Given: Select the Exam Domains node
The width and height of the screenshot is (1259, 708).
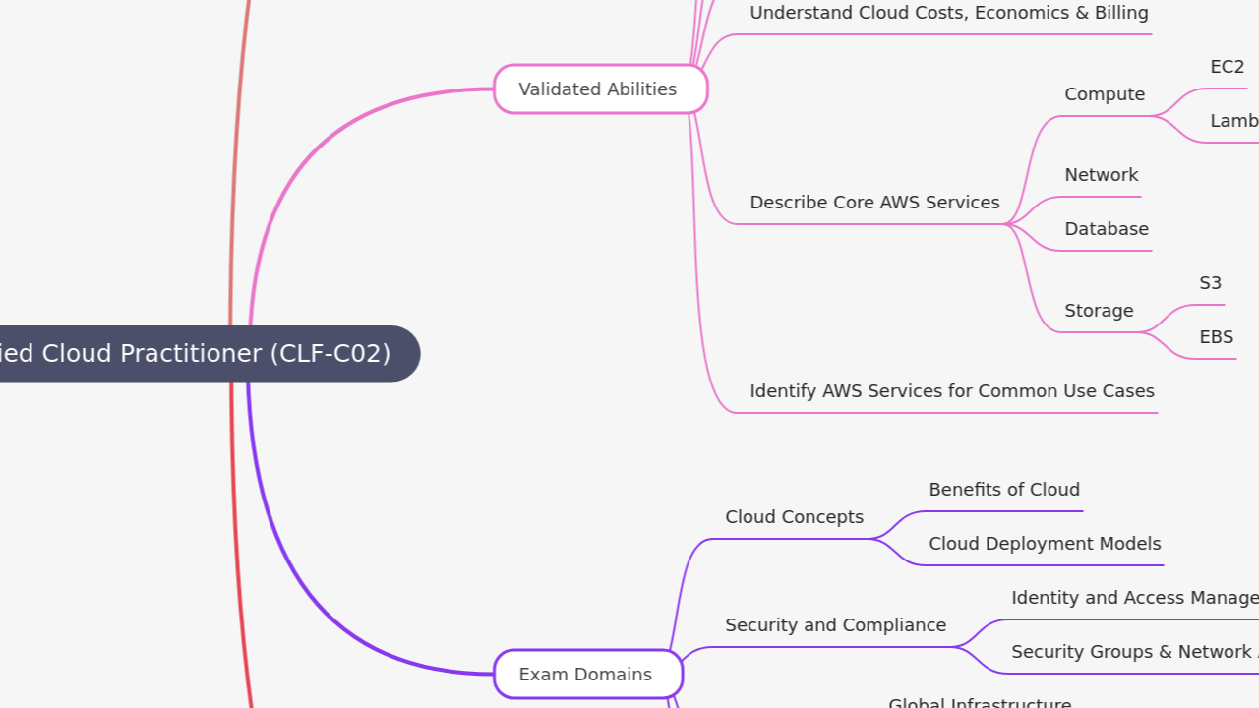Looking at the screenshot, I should point(587,675).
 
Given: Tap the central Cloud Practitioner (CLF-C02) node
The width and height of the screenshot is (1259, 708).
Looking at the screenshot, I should point(197,354).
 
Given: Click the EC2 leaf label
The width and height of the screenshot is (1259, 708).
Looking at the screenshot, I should point(1227,67).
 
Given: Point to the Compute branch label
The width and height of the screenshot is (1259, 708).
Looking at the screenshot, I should point(1105,94).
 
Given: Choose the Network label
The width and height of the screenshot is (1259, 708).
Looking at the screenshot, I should point(1101,175).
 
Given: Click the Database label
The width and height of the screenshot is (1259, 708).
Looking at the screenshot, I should point(1106,229).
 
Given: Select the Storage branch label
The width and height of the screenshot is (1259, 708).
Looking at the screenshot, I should point(1099,311).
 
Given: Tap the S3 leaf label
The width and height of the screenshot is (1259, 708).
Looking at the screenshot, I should point(1210,283).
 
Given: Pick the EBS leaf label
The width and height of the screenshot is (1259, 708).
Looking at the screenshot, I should point(1216,337).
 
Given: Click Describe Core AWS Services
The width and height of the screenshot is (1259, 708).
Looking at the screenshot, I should point(874,203).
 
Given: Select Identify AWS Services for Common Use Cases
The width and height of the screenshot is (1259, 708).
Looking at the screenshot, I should point(951,391).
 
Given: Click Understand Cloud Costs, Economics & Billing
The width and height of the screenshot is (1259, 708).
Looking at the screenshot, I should point(948,13).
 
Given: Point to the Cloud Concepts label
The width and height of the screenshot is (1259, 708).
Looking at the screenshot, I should point(794,517).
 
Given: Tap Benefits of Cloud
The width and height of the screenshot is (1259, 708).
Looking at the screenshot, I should point(1003,490).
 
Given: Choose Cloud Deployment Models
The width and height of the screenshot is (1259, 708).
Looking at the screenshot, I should point(1045,544).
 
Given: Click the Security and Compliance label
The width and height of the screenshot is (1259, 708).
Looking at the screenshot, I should point(835,625).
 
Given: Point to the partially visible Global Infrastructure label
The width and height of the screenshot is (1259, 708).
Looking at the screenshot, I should point(980,702).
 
